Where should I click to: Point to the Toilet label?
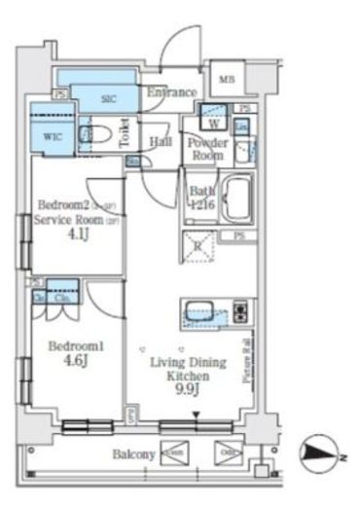[x=125, y=134]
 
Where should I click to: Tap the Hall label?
[x=162, y=141]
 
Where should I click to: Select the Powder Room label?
[x=207, y=149]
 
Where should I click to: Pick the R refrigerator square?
[x=198, y=247]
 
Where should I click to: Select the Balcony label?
[x=134, y=454]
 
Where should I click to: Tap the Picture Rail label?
[x=247, y=360]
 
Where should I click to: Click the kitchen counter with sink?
[x=215, y=314]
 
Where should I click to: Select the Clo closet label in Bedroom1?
[x=59, y=299]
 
